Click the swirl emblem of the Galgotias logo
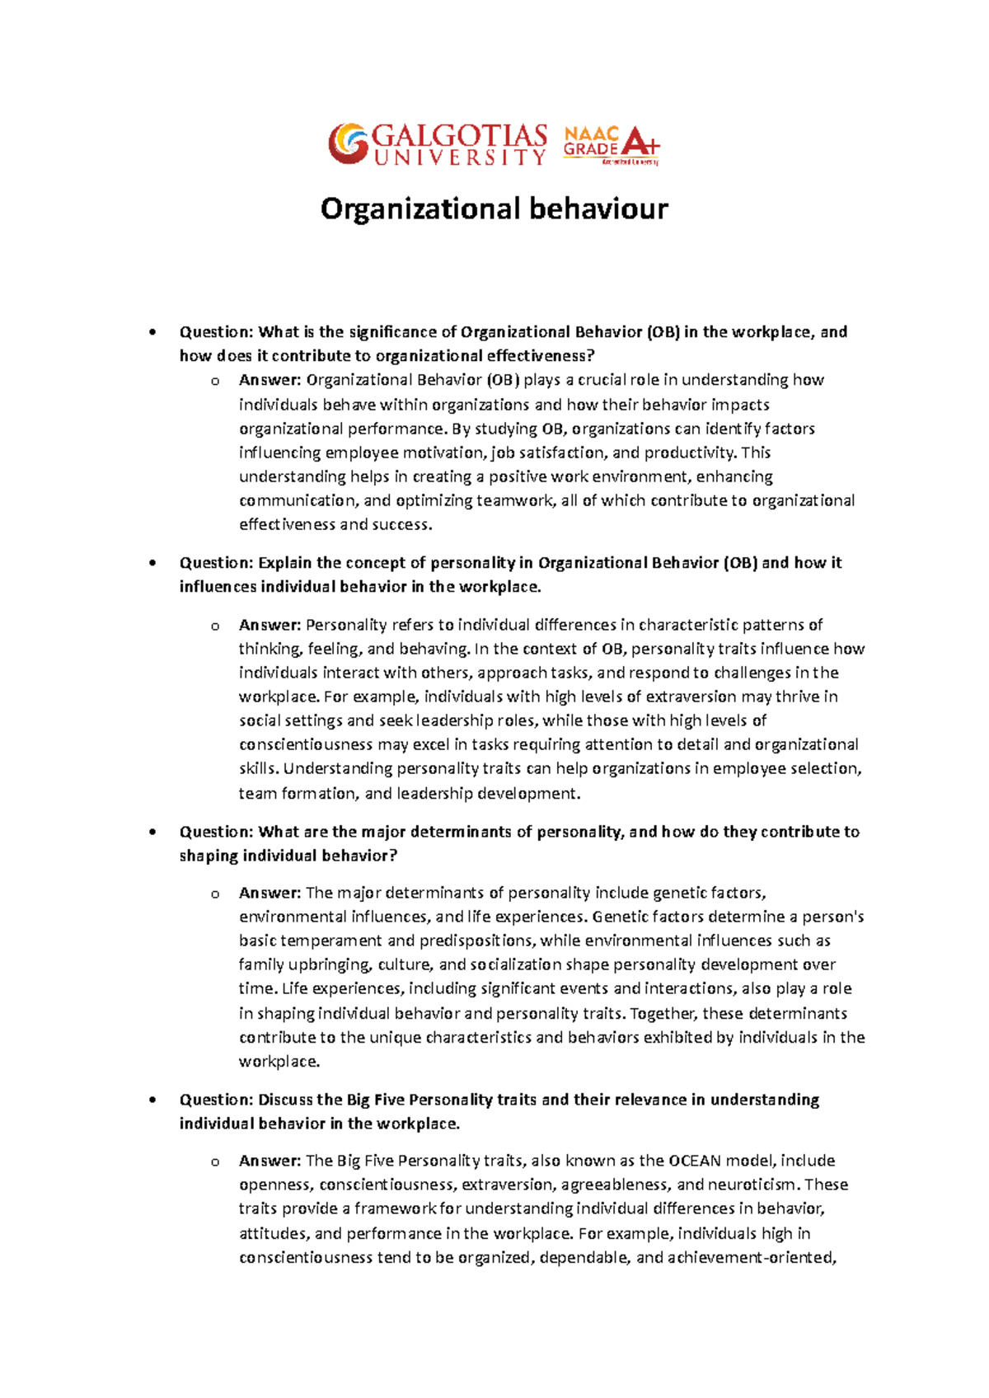[348, 143]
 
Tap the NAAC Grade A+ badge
[611, 145]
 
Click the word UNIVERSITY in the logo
[460, 157]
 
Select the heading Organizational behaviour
[494, 209]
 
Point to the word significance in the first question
[402, 332]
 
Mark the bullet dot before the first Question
[152, 333]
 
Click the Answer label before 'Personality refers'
[270, 625]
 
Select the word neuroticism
[753, 1185]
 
